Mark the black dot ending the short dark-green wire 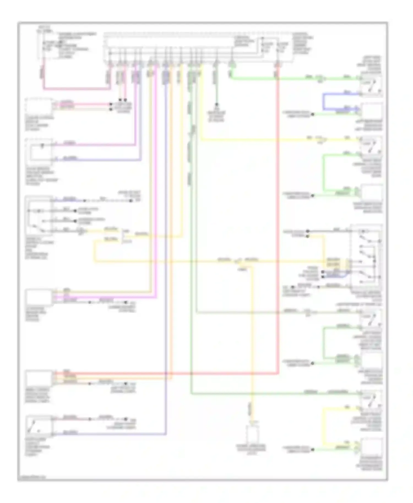[217, 105]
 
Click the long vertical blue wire [166, 248]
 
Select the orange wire [171, 220]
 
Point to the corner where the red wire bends [278, 374]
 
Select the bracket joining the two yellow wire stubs [123, 236]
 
